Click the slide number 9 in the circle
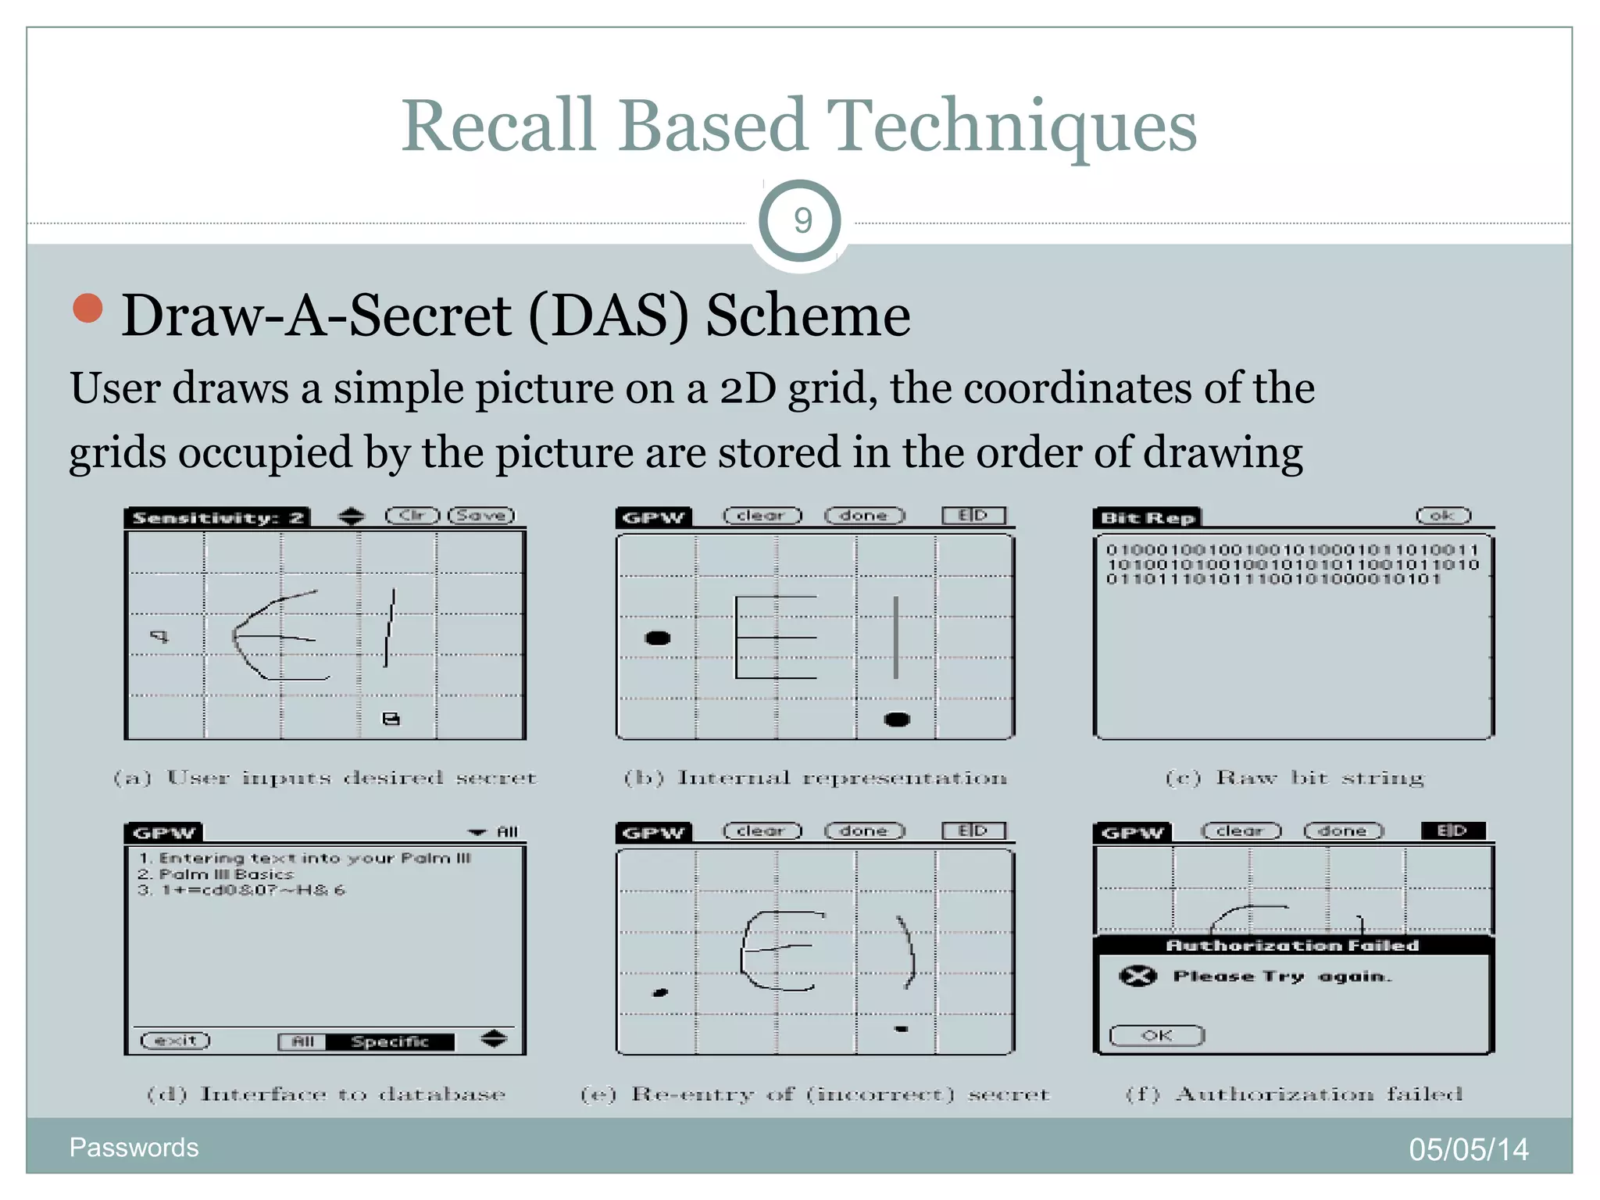802,221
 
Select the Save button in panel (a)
481,516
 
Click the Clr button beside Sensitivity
412,516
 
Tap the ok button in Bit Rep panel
1443,516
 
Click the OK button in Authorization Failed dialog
1156,1035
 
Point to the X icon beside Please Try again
1137,976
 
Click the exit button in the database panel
176,1041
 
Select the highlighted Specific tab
390,1041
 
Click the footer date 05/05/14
1468,1149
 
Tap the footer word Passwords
134,1148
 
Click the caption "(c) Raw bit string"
1295,778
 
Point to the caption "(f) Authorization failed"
1294,1094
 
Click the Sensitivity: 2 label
218,518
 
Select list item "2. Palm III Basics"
216,874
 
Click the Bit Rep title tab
1147,518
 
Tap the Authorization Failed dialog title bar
1292,945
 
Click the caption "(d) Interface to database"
327,1094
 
